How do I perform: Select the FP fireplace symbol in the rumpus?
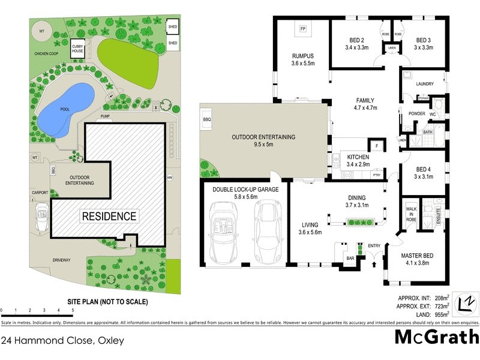click(x=303, y=29)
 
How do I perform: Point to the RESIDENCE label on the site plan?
click(x=109, y=216)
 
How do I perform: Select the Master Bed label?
click(x=413, y=259)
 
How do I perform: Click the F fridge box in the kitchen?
click(x=377, y=146)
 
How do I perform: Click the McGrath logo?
click(x=436, y=336)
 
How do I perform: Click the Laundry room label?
click(x=424, y=84)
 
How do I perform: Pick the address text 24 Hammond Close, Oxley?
click(x=62, y=341)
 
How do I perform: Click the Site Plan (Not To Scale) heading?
click(x=107, y=302)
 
